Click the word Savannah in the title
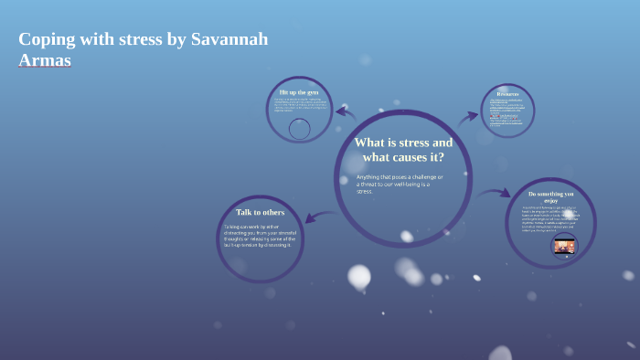[x=229, y=40]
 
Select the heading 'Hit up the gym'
[x=299, y=93]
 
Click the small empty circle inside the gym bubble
[x=299, y=129]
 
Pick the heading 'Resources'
[x=507, y=94]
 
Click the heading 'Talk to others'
[x=260, y=212]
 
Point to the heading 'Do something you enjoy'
[x=550, y=196]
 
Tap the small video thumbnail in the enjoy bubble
[x=564, y=246]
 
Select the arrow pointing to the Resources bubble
[x=468, y=116]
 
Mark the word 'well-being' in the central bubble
[x=414, y=185]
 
